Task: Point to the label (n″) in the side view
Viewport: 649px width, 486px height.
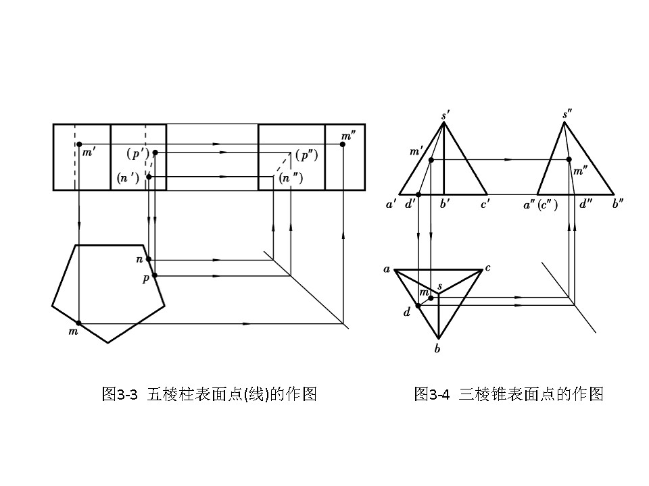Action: point(291,179)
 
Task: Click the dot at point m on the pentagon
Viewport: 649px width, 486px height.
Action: point(79,323)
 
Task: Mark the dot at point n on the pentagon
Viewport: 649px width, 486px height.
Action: point(149,259)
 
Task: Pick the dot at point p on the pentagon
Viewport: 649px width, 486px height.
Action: point(154,275)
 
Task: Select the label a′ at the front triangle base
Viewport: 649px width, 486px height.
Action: point(391,205)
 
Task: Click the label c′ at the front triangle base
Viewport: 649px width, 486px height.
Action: point(485,205)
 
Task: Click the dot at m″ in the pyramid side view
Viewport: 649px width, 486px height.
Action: point(569,159)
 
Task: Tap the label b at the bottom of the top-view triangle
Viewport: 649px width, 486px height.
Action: point(438,349)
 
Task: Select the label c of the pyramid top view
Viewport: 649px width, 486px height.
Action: point(487,268)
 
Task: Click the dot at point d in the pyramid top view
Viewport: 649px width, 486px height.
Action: point(418,306)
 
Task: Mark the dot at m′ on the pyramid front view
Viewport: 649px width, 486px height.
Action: point(431,159)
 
